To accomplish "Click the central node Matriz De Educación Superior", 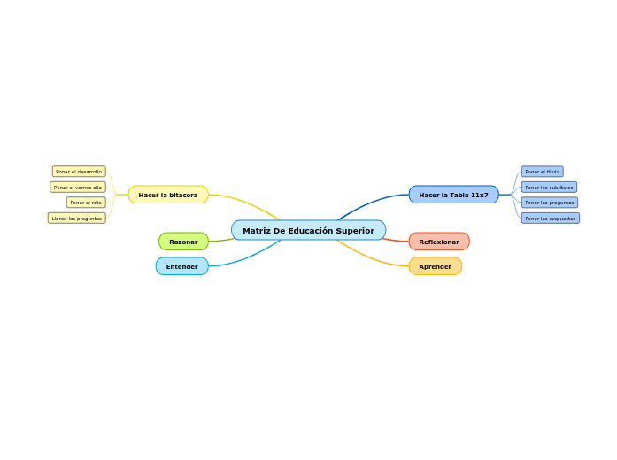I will tap(308, 231).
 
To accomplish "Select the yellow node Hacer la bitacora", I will tap(168, 195).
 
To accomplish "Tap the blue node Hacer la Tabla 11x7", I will tap(453, 195).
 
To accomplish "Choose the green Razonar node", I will tap(183, 241).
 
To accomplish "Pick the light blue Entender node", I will tap(181, 266).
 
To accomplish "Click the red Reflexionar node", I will tap(439, 241).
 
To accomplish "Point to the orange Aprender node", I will tap(435, 266).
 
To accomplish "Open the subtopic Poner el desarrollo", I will tap(79, 172).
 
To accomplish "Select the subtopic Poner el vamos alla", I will tap(78, 188).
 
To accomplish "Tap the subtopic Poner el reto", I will tap(86, 203).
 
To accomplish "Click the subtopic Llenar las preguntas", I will tap(77, 218).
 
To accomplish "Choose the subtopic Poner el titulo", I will tap(542, 172).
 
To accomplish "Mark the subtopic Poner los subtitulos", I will tap(549, 188).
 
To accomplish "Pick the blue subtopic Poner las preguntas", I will tap(549, 203).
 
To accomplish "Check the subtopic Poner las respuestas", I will tap(550, 218).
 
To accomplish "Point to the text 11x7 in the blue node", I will tap(479, 195).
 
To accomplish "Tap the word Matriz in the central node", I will tap(256, 231).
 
